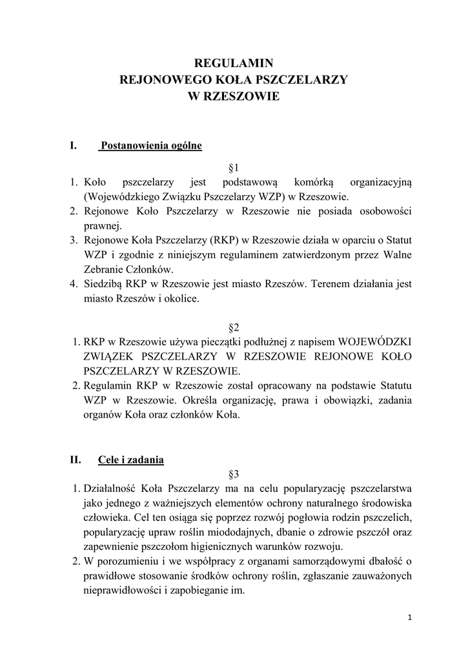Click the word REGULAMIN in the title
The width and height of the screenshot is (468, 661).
[234, 63]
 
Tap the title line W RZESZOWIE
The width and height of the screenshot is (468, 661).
[234, 96]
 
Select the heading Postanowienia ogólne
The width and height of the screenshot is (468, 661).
[150, 146]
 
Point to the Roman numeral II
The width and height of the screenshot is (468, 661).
[75, 460]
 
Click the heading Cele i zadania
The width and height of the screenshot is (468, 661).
[131, 460]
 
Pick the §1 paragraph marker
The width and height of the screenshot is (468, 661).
[234, 167]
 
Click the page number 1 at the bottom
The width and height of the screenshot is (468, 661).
[409, 617]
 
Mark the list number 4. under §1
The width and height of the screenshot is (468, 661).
[74, 283]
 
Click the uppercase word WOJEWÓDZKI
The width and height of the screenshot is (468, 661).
[375, 341]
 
